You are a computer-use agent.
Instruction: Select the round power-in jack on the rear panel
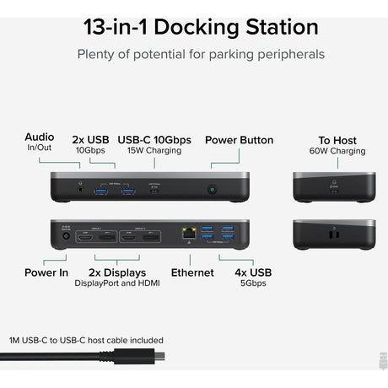point(65,242)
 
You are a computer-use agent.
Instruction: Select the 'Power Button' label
point(239,140)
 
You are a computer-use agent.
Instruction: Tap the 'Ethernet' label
point(193,272)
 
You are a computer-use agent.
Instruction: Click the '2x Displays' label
point(118,272)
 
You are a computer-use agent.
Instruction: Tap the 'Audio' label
point(40,137)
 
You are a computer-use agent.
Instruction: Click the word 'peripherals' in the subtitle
point(278,55)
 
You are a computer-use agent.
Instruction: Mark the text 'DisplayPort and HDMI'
point(118,283)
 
